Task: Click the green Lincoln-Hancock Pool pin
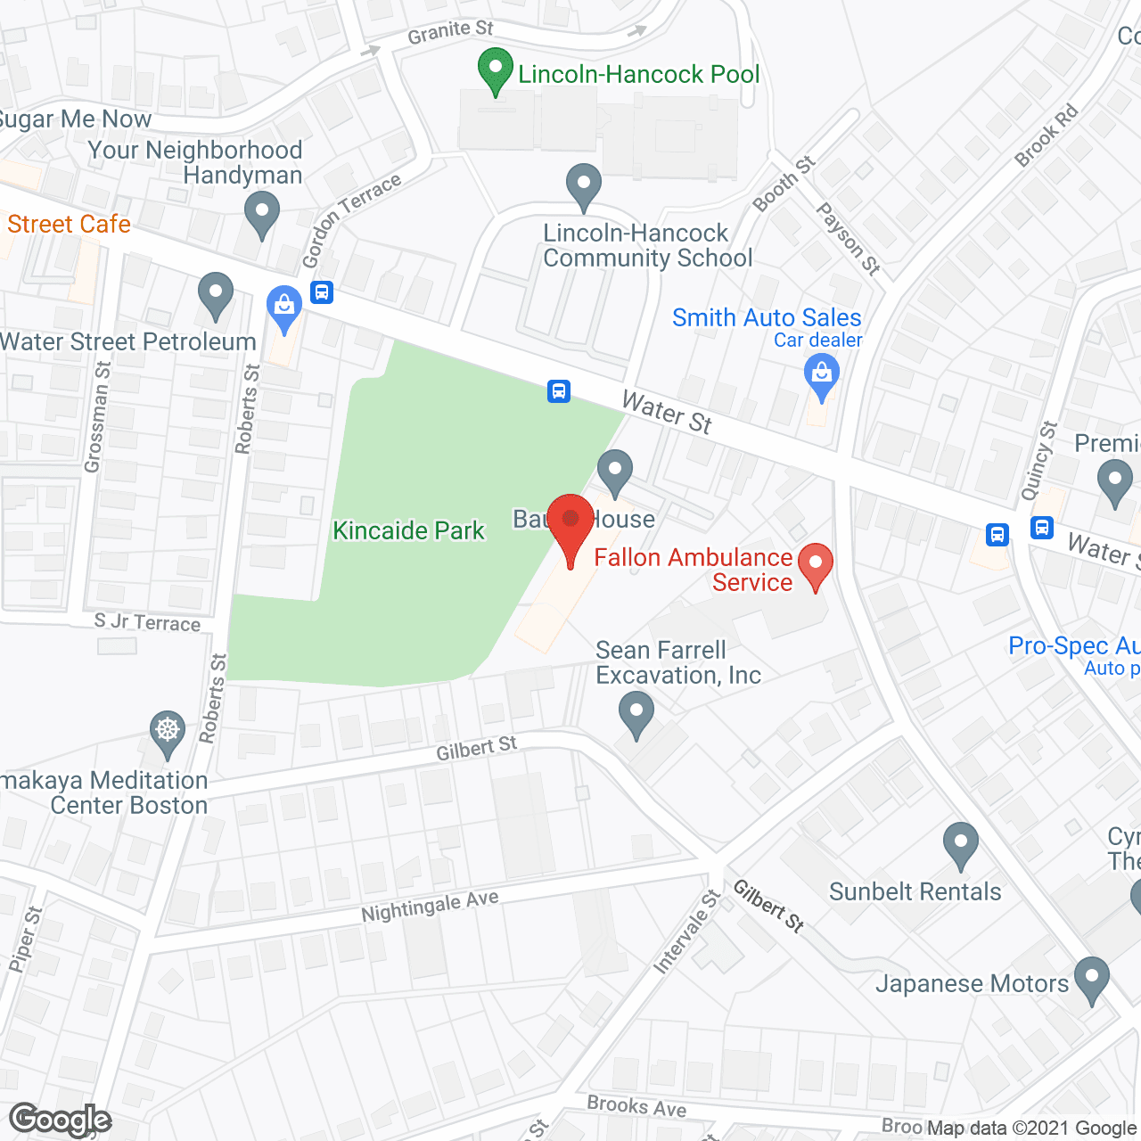coord(495,70)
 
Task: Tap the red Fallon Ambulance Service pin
coord(815,566)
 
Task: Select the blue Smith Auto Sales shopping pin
coord(821,376)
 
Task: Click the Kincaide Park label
coord(408,530)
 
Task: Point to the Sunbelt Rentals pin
coord(960,844)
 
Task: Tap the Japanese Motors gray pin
coord(1091,980)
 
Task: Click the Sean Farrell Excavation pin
coord(636,714)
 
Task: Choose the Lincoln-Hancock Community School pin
coord(583,186)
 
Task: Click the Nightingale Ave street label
coord(430,907)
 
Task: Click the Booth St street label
coord(784,184)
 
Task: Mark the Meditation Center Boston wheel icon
coord(167,731)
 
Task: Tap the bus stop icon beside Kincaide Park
coord(559,390)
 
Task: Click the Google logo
coord(61,1120)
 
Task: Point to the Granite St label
coord(450,33)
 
